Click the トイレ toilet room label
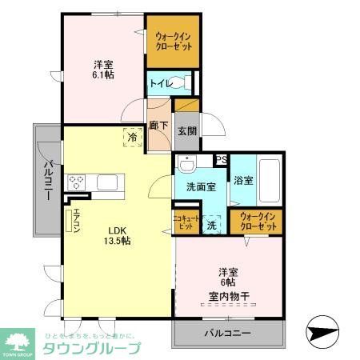point(158,82)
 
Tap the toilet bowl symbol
point(182,82)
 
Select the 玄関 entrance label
point(186,131)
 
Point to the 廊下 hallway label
point(158,126)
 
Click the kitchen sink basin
point(109,182)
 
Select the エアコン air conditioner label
point(66,220)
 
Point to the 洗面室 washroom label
point(200,186)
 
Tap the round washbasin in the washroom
point(187,166)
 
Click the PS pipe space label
point(221,159)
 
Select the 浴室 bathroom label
point(243,181)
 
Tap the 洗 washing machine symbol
point(212,225)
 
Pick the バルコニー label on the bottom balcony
point(227,333)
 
